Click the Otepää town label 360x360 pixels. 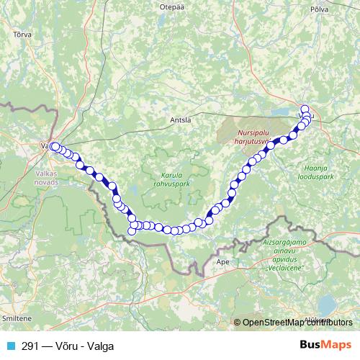(166, 6)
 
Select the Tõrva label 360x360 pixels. (22, 33)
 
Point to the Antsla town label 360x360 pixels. (179, 120)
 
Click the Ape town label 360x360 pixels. (222, 263)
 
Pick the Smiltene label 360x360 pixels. (17, 317)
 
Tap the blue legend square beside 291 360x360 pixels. (10, 346)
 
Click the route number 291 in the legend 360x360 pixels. (30, 346)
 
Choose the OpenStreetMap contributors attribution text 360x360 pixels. (294, 321)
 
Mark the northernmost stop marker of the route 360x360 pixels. (305, 109)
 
